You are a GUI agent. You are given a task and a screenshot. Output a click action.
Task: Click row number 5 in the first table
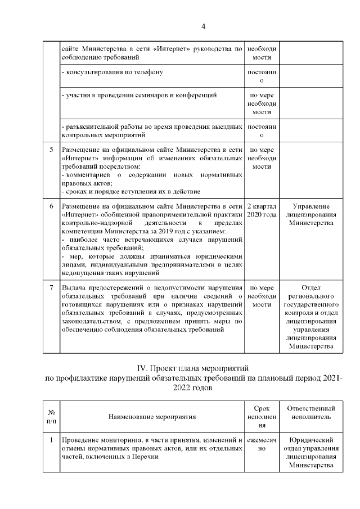click(x=51, y=150)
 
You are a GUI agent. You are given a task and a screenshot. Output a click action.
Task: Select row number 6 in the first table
click(x=51, y=206)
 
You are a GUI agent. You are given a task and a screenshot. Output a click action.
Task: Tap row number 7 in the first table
click(x=51, y=289)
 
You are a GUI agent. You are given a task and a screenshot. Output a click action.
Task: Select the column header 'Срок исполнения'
click(x=262, y=417)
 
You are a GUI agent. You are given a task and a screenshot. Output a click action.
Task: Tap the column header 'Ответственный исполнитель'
click(x=311, y=413)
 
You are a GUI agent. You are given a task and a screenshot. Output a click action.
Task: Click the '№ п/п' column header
click(x=51, y=417)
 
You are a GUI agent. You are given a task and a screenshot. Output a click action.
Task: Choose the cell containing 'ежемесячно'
click(x=262, y=444)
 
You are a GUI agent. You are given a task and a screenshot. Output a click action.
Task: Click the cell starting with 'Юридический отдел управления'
click(x=311, y=452)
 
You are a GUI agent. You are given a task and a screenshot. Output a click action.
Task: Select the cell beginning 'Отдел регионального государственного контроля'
click(x=311, y=317)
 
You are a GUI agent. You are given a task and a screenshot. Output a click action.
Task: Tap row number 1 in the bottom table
click(x=51, y=439)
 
